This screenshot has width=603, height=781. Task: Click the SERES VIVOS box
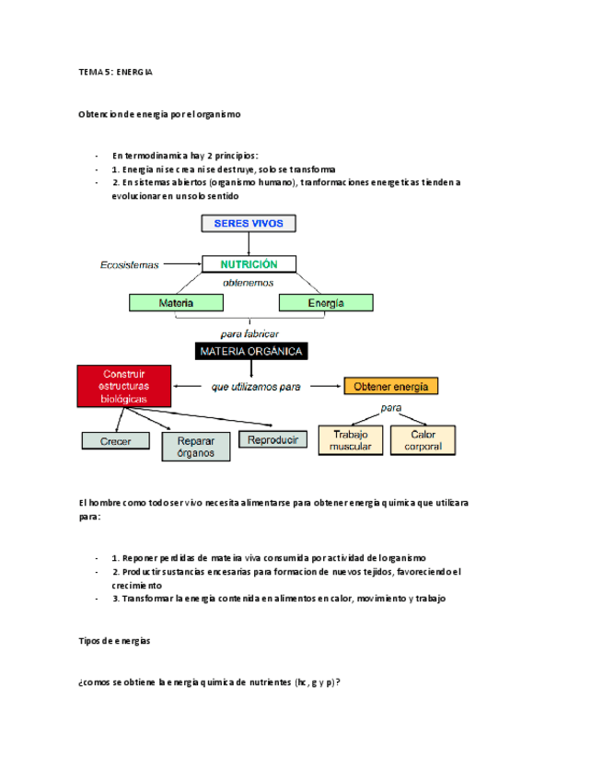249,223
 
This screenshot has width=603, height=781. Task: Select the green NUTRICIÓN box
249,264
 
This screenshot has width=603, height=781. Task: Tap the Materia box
176,302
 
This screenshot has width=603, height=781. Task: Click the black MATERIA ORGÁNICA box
249,351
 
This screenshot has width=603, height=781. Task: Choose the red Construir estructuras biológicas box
124,385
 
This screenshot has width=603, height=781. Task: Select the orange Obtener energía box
391,387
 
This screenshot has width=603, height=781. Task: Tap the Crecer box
116,441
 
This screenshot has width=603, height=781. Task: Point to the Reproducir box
273,439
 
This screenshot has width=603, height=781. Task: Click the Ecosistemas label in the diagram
130,265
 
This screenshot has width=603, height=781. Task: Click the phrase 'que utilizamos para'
256,388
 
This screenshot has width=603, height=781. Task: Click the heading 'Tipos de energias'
115,640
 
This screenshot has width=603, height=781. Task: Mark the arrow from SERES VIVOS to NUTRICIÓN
249,243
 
